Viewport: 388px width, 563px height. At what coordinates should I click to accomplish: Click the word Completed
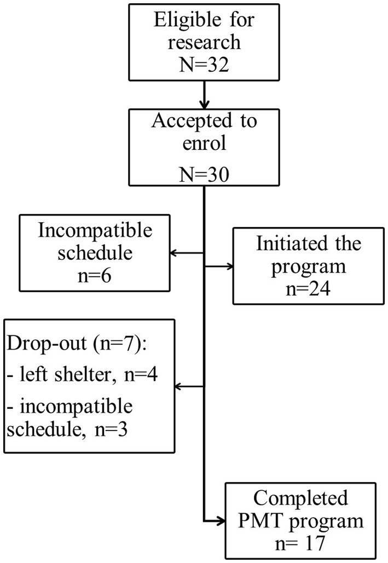coord(301,499)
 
